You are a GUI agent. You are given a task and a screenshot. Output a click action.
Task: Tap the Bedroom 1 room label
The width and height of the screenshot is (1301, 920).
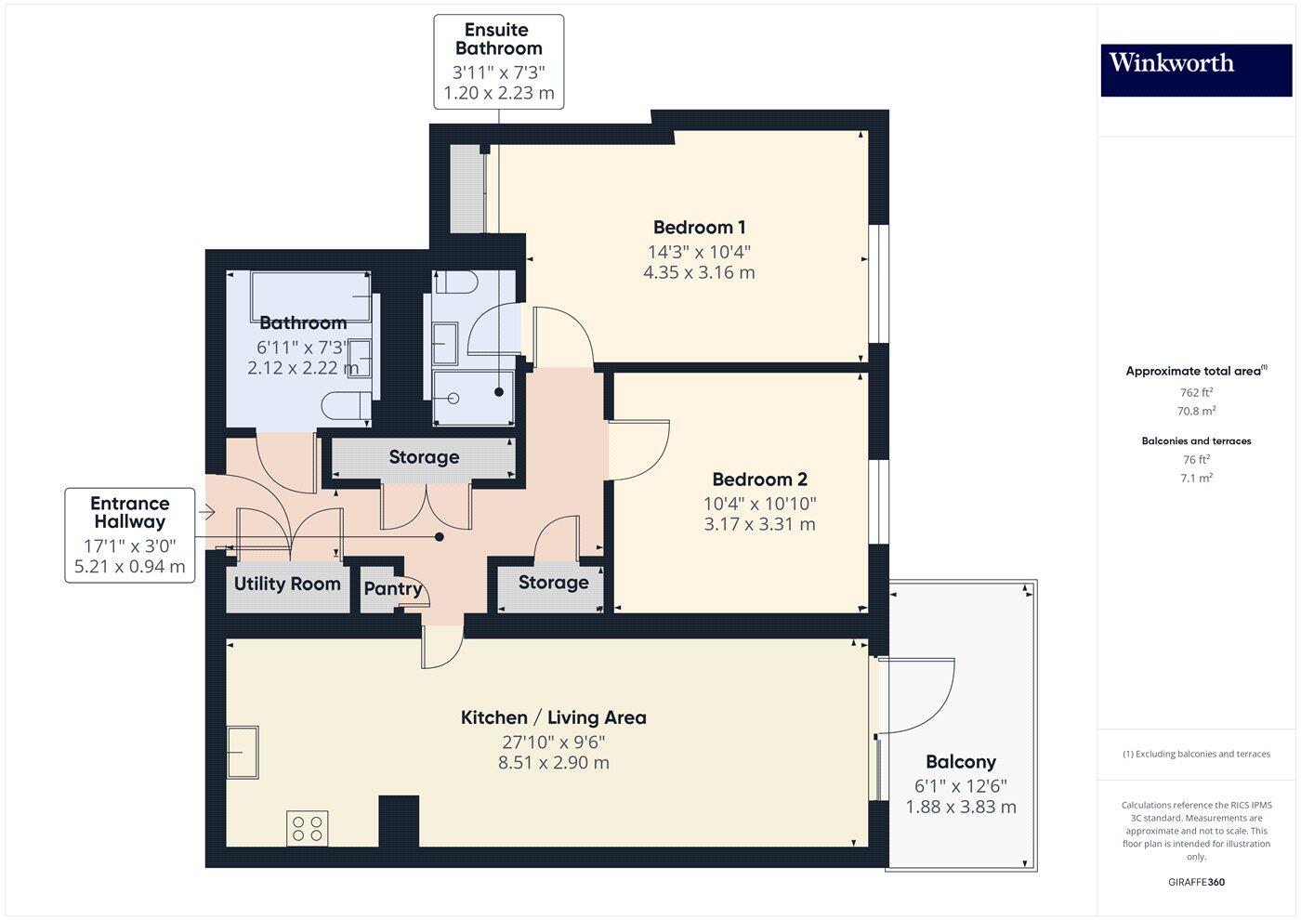point(699,228)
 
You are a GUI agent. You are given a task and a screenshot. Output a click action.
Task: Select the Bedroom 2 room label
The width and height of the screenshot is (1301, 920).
point(759,480)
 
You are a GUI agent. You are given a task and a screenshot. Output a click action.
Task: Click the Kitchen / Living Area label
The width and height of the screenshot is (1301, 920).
point(554,717)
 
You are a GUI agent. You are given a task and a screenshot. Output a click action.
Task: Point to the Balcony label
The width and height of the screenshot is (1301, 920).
point(961,762)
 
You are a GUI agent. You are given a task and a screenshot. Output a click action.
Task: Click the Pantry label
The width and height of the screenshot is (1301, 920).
point(392,588)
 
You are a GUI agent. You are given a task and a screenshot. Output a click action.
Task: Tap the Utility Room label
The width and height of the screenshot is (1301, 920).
point(287,584)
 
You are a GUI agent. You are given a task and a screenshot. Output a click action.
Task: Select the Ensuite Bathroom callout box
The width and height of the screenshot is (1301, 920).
point(498,61)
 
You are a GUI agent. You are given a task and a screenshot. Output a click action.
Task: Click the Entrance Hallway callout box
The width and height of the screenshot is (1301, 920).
point(130,535)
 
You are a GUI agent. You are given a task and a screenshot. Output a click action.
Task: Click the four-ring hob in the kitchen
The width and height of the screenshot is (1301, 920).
point(308,828)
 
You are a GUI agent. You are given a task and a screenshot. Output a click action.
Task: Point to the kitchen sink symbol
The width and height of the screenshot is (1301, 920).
point(243,751)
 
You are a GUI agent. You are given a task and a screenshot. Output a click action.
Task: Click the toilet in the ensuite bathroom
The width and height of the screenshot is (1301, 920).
point(456,282)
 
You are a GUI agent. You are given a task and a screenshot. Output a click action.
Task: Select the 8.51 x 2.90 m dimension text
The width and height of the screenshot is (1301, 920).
point(554,763)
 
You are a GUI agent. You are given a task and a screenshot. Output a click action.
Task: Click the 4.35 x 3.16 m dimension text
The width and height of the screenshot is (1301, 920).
point(699,273)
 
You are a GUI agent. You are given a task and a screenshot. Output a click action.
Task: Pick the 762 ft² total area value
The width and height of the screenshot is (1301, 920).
point(1195,392)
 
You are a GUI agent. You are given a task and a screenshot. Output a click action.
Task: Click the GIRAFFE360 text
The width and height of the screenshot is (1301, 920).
point(1195,882)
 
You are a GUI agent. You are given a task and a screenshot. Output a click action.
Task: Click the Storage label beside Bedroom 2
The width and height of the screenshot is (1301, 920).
point(553,583)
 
